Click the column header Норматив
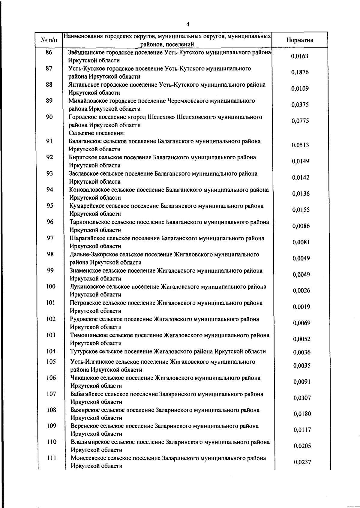(x=300, y=40)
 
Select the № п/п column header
(x=49, y=40)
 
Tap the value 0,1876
(x=300, y=72)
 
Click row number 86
(x=49, y=53)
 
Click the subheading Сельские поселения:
(x=97, y=133)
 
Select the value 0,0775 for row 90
(x=300, y=121)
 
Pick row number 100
(x=51, y=287)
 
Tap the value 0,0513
(x=300, y=145)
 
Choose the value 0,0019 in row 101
(x=301, y=307)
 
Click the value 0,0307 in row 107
(x=302, y=398)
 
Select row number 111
(x=51, y=458)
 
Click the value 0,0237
(x=302, y=462)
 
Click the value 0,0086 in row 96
(x=301, y=226)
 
